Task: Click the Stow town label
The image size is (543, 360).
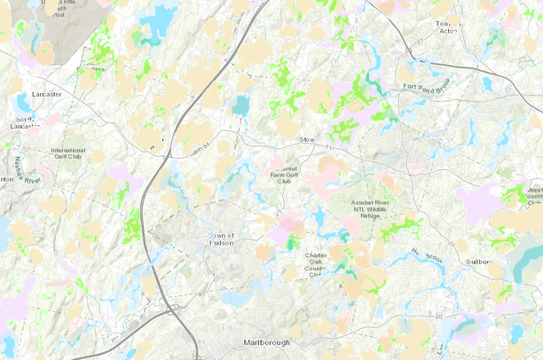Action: click(308, 139)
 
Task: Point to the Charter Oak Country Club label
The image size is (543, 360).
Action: click(316, 264)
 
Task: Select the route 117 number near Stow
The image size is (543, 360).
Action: click(331, 146)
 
